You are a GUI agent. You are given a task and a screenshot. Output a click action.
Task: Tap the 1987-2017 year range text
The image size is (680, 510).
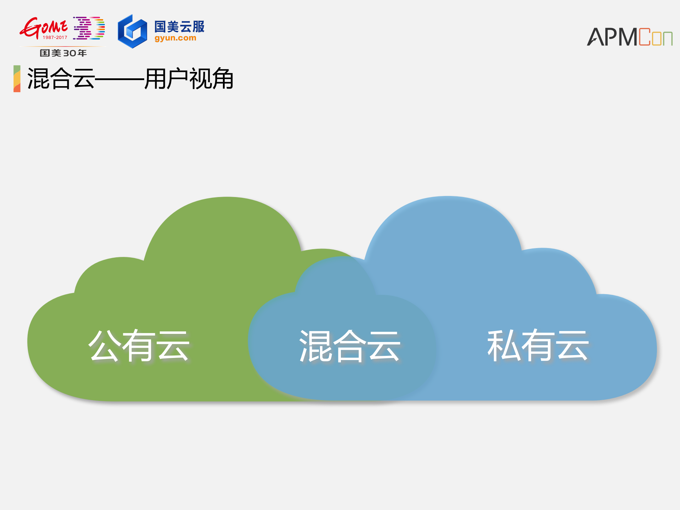pos(55,37)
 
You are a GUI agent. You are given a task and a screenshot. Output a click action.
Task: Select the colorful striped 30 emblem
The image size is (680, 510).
pos(89,28)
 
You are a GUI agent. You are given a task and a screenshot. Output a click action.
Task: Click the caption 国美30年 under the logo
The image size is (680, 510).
pos(63,53)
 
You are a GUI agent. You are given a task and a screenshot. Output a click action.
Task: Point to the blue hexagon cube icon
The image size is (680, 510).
pos(132,32)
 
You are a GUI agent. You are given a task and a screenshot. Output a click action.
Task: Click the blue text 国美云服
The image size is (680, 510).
pos(179,27)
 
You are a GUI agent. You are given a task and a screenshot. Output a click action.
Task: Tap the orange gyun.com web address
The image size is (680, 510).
pos(175,38)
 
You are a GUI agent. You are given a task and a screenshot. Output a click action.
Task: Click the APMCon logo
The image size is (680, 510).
pos(629,37)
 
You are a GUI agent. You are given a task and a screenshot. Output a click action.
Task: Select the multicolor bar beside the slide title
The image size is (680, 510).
pos(17,79)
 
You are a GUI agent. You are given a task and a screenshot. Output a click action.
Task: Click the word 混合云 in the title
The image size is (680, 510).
pos(61,79)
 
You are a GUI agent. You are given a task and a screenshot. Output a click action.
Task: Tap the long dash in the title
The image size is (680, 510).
pos(120,79)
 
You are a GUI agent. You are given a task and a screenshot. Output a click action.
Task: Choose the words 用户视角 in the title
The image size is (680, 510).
pos(189,79)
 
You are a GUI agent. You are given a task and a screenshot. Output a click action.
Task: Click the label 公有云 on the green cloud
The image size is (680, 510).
pos(139,346)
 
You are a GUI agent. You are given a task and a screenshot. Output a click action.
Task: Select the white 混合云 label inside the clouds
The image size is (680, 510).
pos(350,346)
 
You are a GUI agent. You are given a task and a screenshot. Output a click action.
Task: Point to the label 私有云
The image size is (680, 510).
pos(538,346)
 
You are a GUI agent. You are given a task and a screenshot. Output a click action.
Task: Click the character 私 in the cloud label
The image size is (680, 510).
pos(504,346)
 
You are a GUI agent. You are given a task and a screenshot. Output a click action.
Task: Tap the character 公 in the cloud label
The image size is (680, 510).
pos(105,346)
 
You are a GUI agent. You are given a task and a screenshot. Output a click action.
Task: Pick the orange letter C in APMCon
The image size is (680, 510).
pos(645,37)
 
